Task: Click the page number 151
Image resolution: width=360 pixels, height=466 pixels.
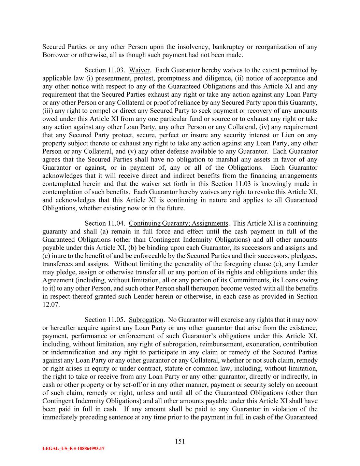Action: point(180,441)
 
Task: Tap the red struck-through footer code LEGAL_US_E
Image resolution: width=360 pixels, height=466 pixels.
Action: point(73,449)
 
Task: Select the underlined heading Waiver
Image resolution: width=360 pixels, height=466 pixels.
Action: point(139,70)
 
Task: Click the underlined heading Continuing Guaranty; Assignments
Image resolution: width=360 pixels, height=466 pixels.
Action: point(178,223)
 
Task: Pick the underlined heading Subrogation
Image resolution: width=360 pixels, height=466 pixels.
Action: point(146,320)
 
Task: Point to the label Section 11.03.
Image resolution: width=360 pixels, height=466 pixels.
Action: point(105,70)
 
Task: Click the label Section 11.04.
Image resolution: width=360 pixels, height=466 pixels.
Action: point(105,223)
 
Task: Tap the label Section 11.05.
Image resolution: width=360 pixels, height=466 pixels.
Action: point(105,320)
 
